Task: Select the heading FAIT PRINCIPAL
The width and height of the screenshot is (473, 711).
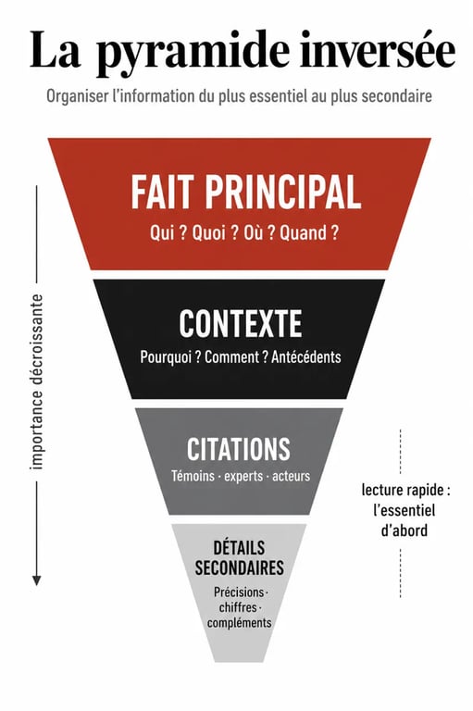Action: click(246, 193)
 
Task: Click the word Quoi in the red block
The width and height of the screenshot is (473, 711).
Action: click(209, 233)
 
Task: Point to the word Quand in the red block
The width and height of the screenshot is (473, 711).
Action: click(304, 233)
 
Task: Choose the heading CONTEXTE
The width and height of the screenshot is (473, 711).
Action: click(241, 323)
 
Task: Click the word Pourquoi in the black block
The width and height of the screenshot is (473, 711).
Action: click(166, 356)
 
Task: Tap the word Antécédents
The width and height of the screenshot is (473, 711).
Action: click(306, 356)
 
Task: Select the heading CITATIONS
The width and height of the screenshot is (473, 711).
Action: click(239, 449)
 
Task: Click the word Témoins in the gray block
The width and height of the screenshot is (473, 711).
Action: click(193, 476)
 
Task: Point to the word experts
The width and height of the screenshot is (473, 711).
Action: click(243, 477)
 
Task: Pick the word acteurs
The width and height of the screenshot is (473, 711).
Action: click(292, 476)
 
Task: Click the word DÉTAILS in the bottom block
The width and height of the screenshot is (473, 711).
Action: click(239, 548)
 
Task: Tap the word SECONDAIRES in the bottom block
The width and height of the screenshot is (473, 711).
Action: click(240, 568)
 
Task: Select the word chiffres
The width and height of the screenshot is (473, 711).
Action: click(238, 607)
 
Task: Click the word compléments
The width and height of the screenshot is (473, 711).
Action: click(240, 622)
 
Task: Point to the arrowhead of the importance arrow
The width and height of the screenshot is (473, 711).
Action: click(37, 580)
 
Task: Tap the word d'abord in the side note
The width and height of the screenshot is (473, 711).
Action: click(405, 530)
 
